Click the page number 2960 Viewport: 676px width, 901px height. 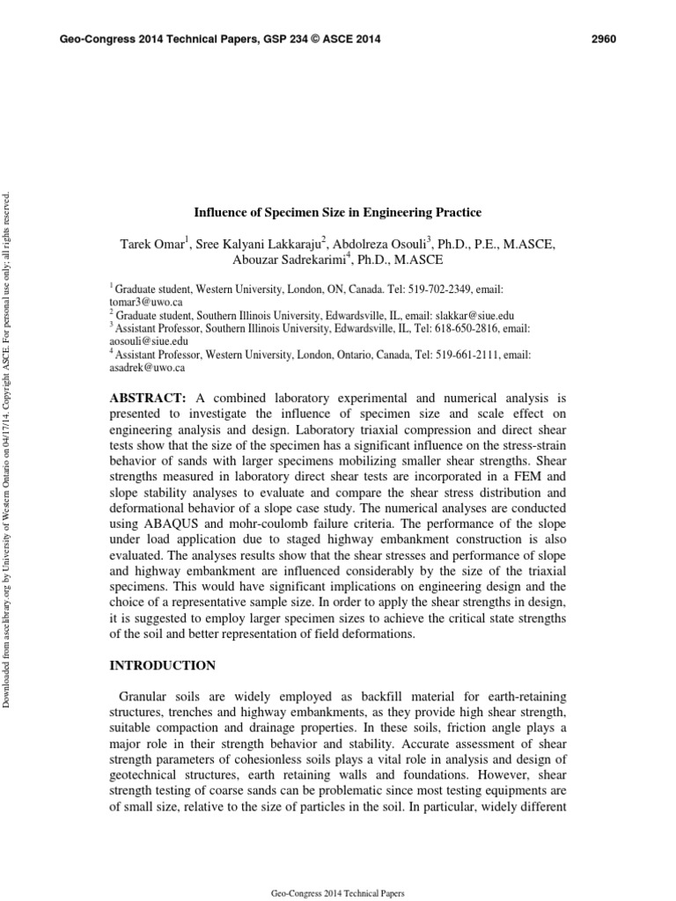point(603,40)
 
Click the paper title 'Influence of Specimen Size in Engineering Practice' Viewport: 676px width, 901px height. point(338,212)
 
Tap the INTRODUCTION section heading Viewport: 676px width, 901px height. point(162,665)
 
